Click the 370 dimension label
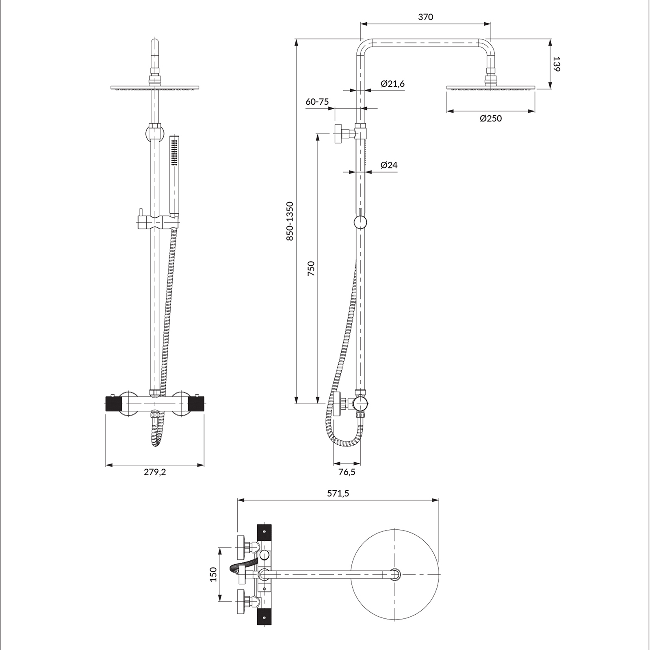425,17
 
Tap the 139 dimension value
557,64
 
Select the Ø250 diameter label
491,119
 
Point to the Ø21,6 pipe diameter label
392,84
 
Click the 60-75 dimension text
317,102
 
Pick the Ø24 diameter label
389,165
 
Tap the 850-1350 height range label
290,221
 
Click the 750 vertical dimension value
311,269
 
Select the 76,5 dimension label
347,472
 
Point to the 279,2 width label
155,472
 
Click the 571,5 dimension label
338,494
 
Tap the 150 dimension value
214,574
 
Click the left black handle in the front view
114,405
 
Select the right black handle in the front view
196,405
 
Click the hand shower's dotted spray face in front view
175,152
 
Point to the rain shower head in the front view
155,88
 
